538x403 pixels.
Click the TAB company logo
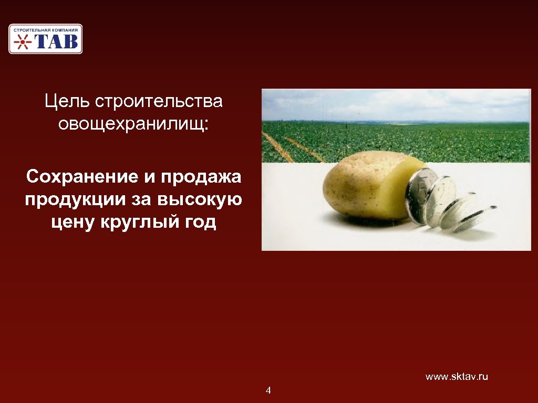[x=45, y=39]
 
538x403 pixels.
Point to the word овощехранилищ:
[x=133, y=124]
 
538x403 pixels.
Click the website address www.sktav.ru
[x=457, y=377]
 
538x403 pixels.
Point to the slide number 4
[x=268, y=390]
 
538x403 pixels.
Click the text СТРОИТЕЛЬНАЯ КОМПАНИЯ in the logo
[x=46, y=30]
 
